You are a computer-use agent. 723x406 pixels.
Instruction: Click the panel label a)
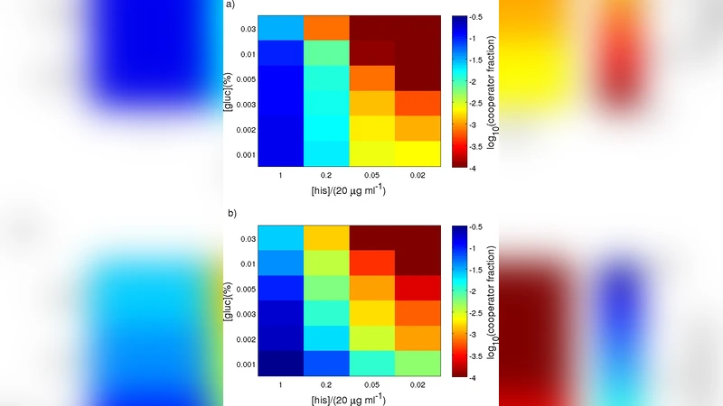click(231, 5)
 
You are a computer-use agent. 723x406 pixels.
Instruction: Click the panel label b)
click(231, 214)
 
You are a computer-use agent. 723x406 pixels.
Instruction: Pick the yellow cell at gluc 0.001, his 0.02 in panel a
click(418, 154)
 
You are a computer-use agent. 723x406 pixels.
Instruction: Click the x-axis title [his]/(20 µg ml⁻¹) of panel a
click(349, 190)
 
